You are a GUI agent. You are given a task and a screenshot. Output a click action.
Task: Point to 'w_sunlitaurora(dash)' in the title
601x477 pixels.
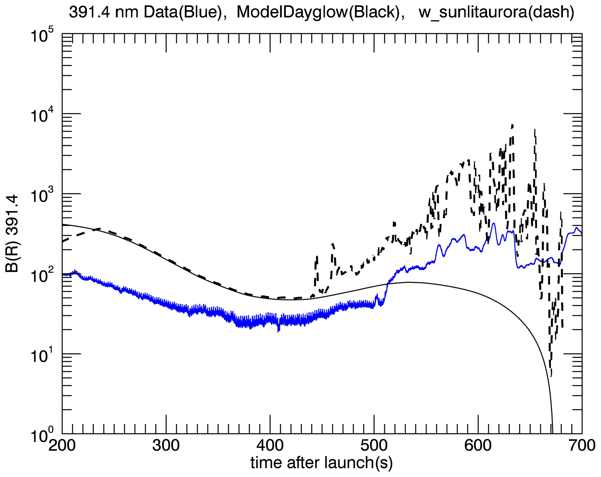(x=496, y=13)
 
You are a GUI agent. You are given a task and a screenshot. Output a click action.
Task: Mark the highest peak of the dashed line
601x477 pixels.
(x=512, y=125)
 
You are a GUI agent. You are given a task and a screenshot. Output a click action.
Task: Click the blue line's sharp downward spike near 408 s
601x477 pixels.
(x=278, y=331)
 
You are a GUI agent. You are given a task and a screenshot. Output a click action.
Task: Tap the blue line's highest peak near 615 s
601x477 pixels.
(x=493, y=223)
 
